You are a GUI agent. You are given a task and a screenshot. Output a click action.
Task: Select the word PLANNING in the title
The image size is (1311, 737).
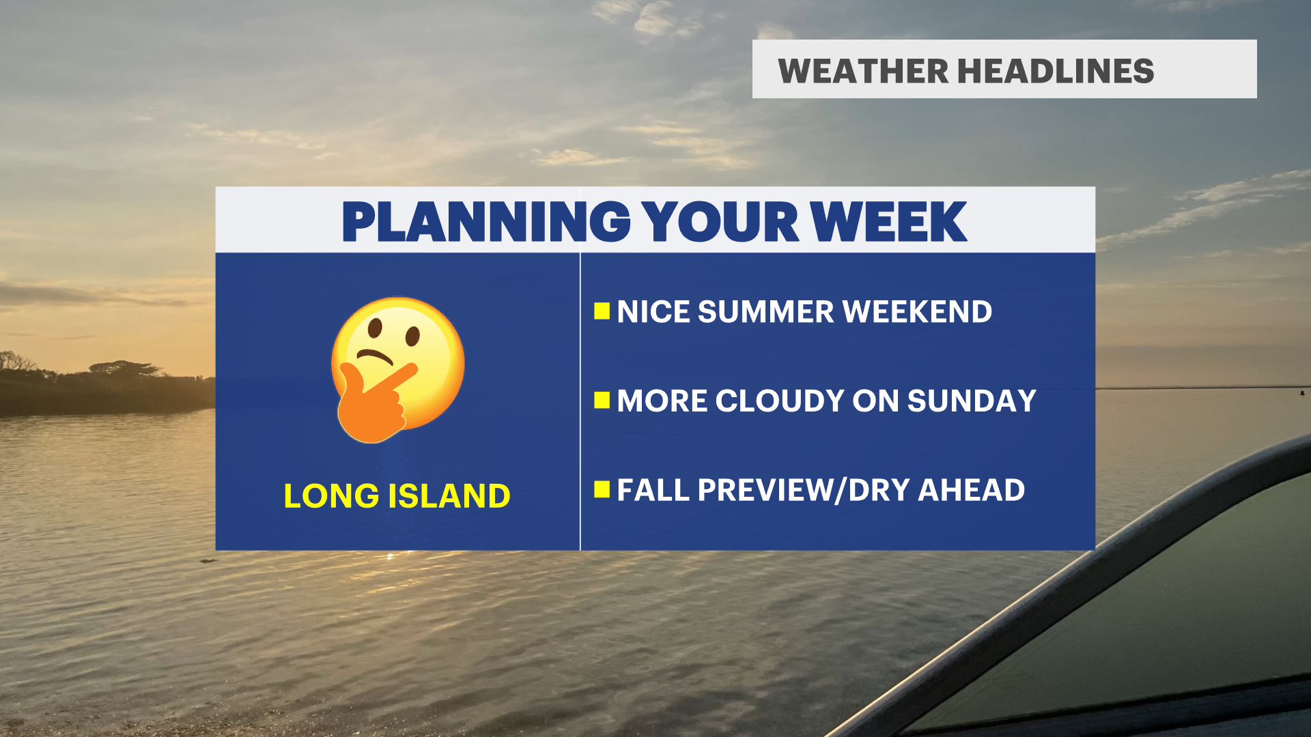pyautogui.click(x=486, y=222)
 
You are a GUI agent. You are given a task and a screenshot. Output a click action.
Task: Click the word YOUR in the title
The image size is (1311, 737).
pyautogui.click(x=720, y=222)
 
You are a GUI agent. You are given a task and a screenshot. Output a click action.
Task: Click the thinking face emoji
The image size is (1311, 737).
pyautogui.click(x=397, y=370)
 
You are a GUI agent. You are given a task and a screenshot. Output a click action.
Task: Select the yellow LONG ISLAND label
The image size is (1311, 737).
pyautogui.click(x=397, y=495)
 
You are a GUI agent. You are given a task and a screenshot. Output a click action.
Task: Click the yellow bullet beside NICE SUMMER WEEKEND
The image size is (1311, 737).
pyautogui.click(x=602, y=311)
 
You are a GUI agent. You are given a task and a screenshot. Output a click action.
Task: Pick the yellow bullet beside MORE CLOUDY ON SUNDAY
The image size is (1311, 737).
pyautogui.click(x=602, y=400)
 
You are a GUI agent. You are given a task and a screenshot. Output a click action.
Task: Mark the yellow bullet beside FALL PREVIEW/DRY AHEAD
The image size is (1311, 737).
pyautogui.click(x=602, y=489)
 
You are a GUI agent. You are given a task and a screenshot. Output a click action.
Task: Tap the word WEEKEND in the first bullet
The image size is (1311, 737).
pyautogui.click(x=917, y=312)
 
